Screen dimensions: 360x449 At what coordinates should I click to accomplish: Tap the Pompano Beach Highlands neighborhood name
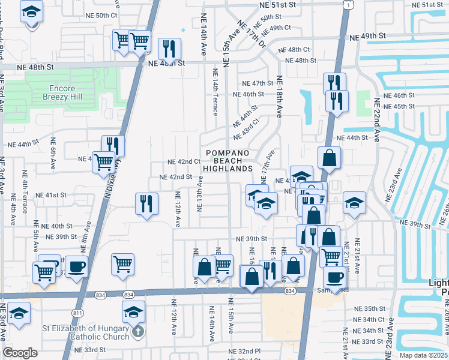229,161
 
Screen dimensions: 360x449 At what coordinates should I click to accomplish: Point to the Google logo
20,352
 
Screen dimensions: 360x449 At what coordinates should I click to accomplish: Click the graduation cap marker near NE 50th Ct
31,11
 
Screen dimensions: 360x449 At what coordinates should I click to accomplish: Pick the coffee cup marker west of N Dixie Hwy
76,266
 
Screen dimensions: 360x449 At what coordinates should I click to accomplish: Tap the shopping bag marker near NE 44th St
329,158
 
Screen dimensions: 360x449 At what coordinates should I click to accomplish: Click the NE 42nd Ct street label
184,162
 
